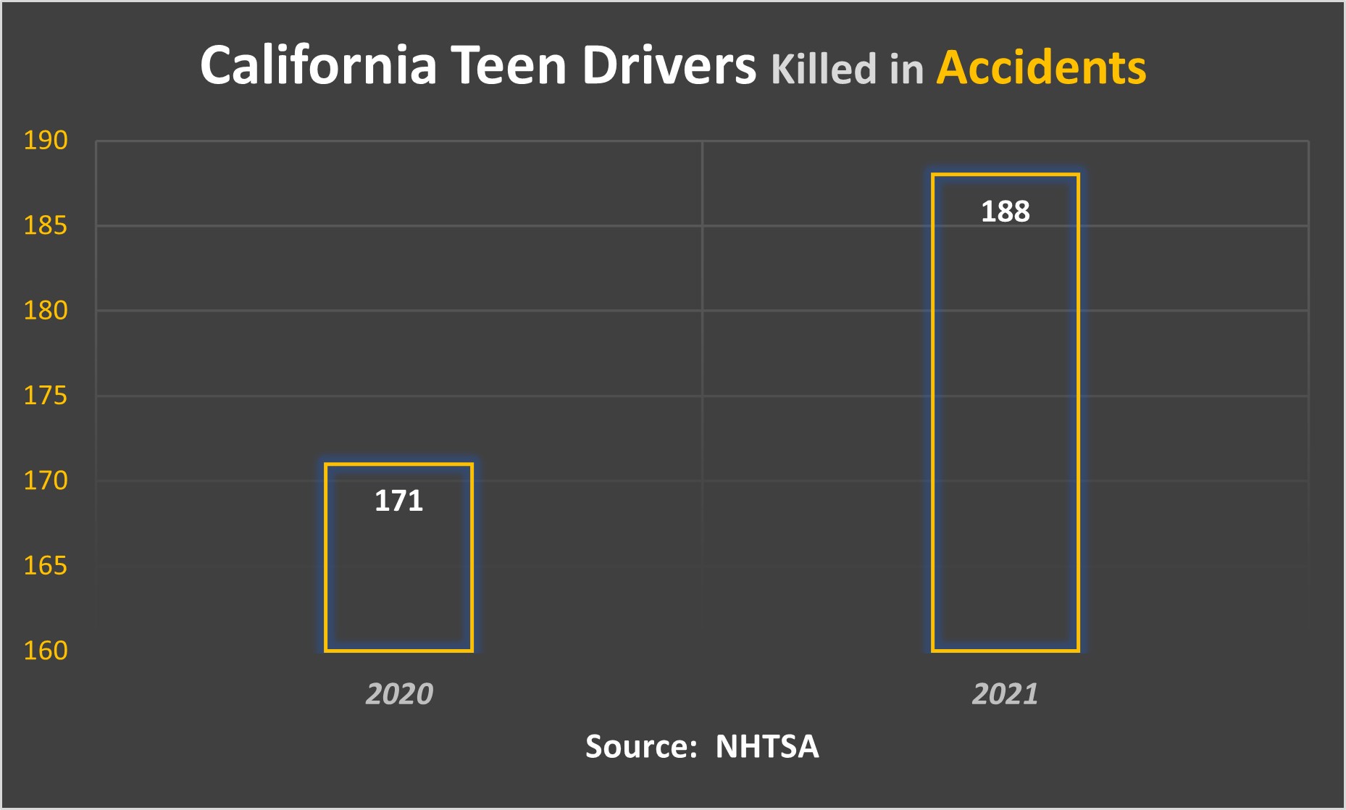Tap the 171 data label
tap(398, 501)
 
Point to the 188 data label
tap(1005, 212)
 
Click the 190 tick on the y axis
tap(46, 141)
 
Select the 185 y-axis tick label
tap(46, 226)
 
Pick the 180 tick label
tap(46, 311)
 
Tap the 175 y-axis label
tap(46, 396)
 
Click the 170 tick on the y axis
tap(46, 480)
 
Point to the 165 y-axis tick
tap(46, 565)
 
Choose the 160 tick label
tap(46, 651)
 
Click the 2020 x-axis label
tap(398, 694)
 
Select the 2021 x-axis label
tap(1005, 694)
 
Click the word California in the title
tap(318, 66)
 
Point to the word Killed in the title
tap(823, 69)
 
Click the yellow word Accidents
tap(1041, 67)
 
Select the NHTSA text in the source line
tap(766, 746)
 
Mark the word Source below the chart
tap(640, 746)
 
